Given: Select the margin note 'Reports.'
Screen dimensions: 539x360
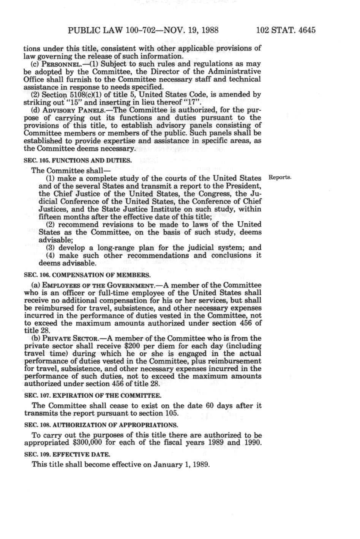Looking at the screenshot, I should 280,177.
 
